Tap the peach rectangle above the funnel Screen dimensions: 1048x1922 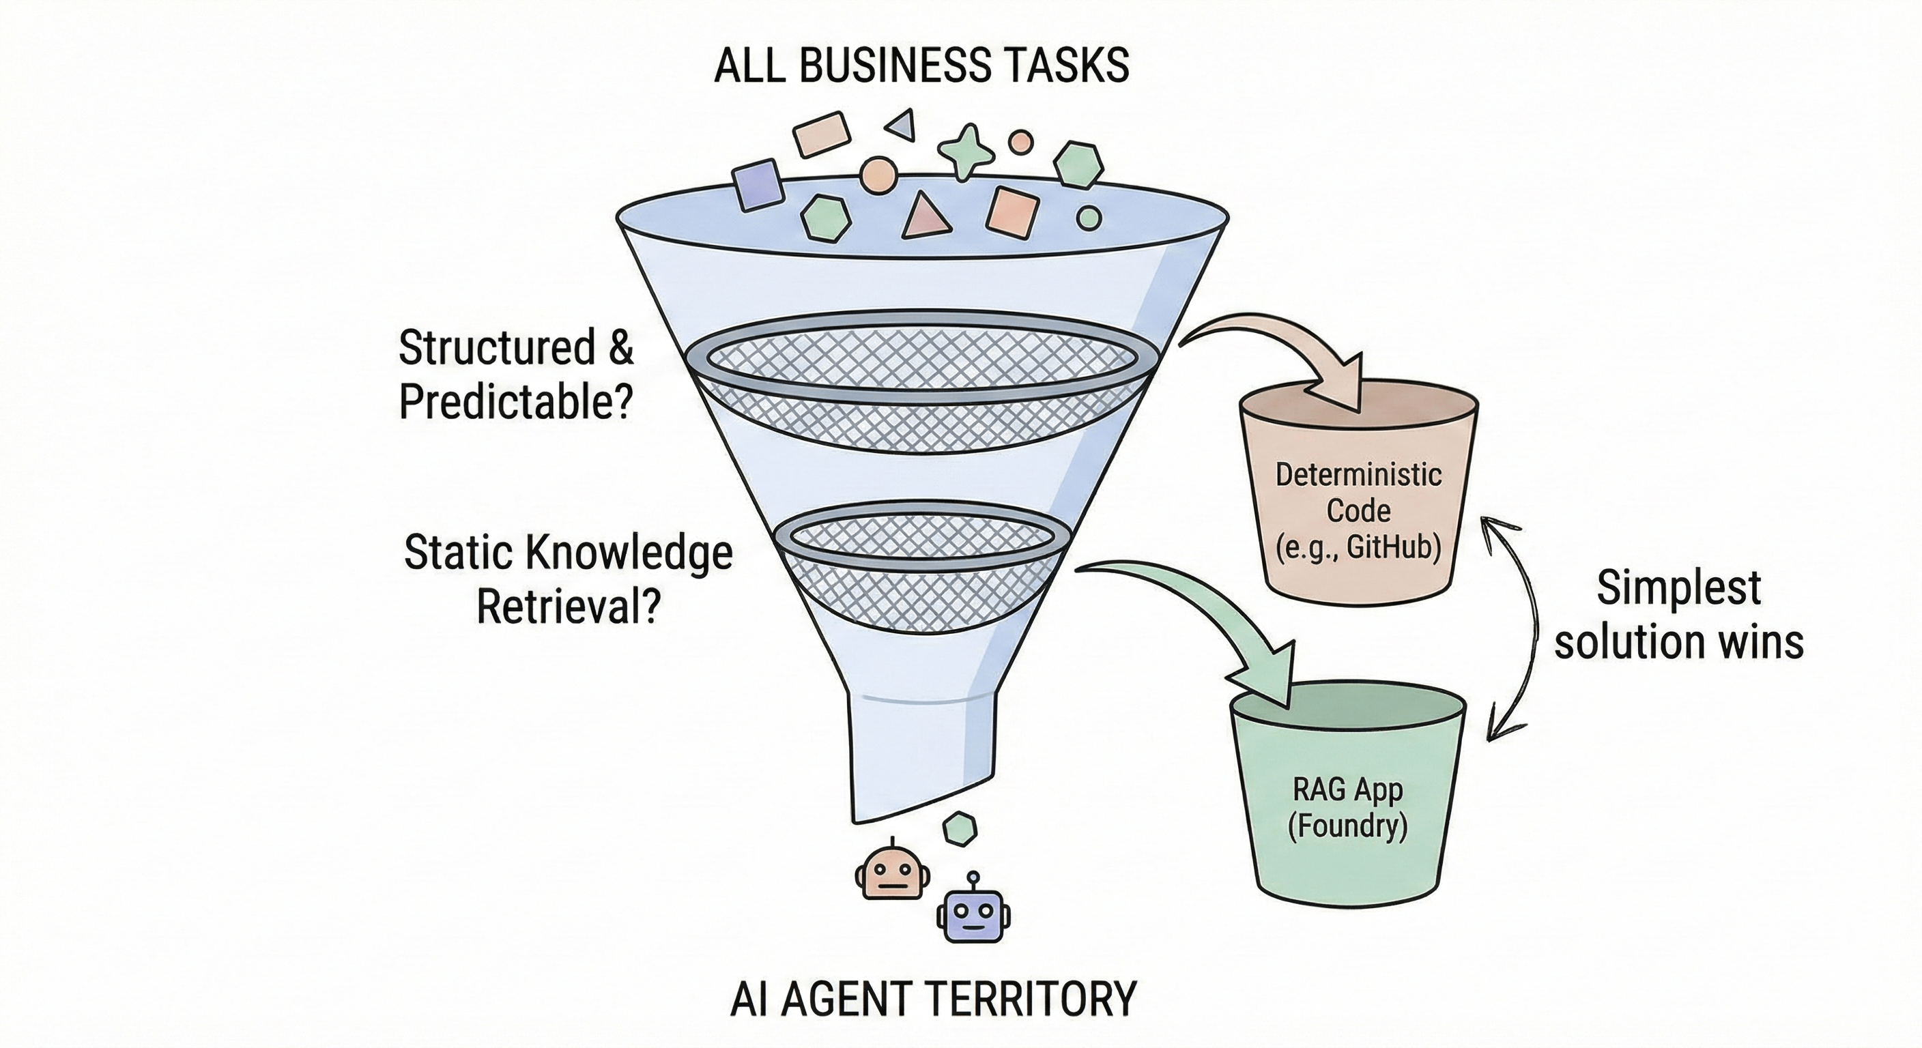click(x=820, y=134)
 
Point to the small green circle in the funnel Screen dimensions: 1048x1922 click(x=1089, y=218)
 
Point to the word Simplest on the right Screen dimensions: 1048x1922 click(x=1679, y=589)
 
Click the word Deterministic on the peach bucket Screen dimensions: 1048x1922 click(x=1359, y=475)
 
